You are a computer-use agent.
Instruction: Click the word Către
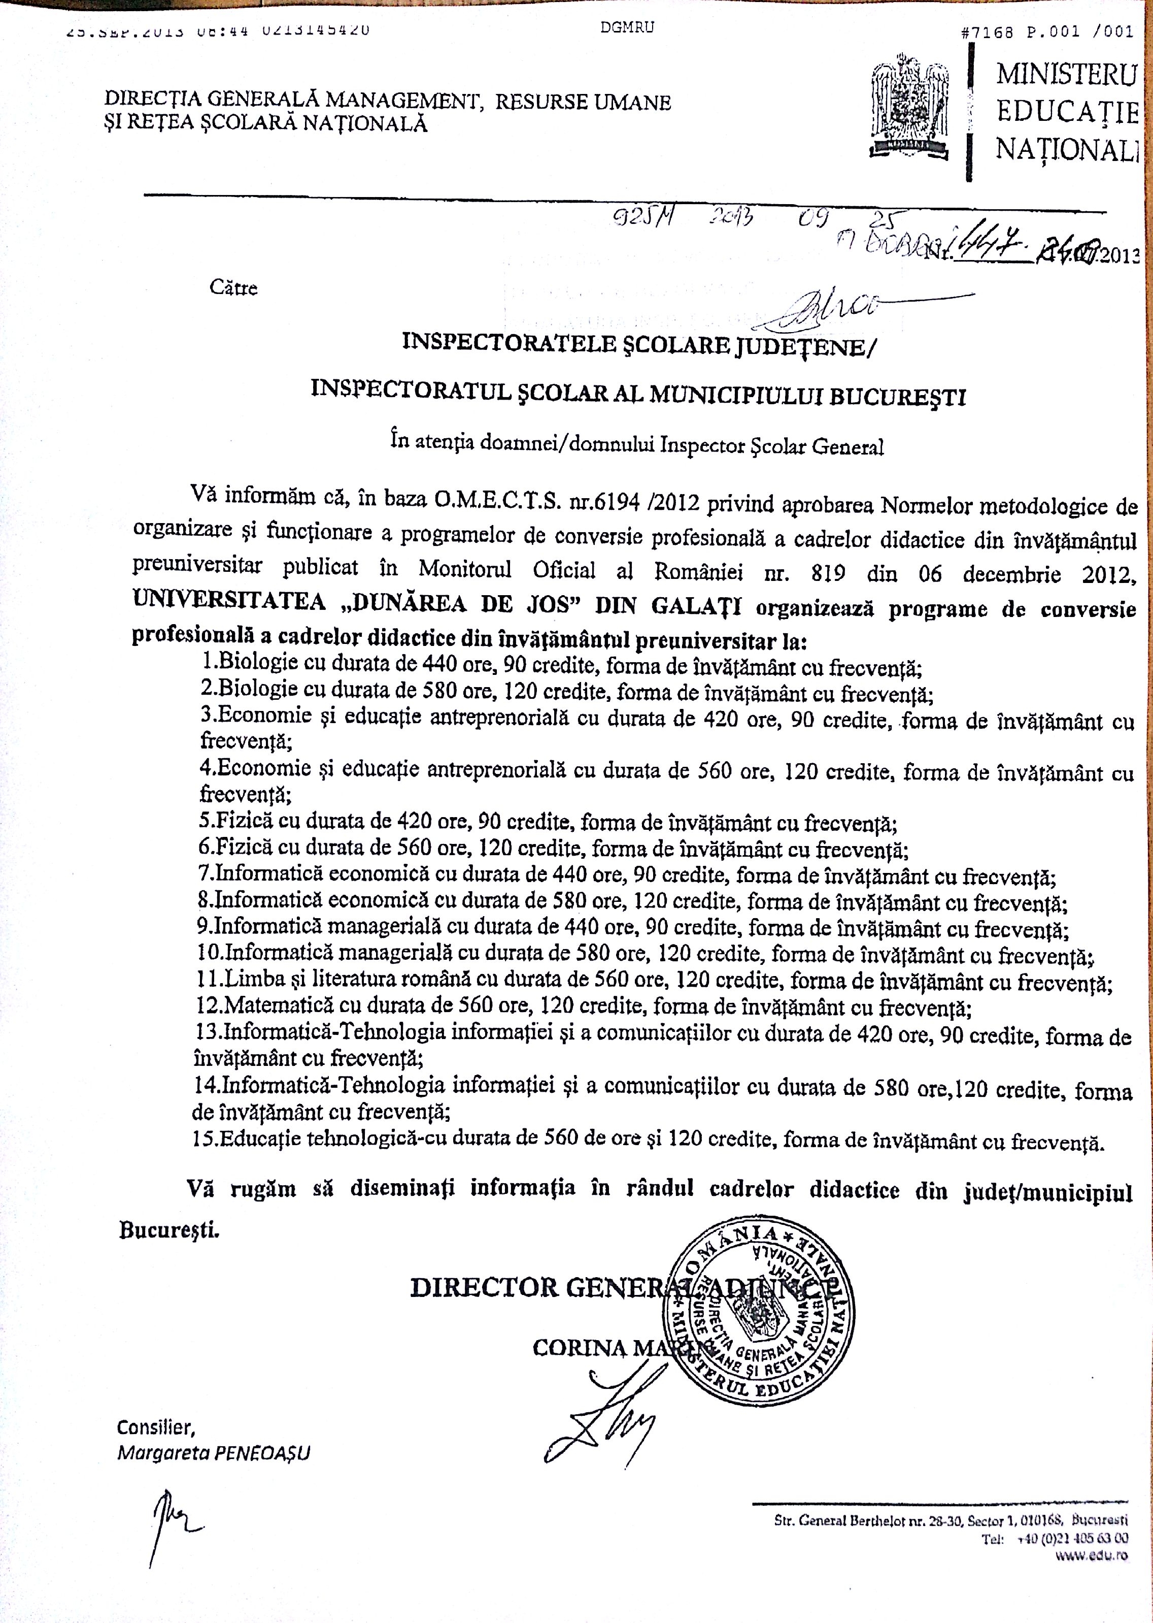pyautogui.click(x=233, y=288)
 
